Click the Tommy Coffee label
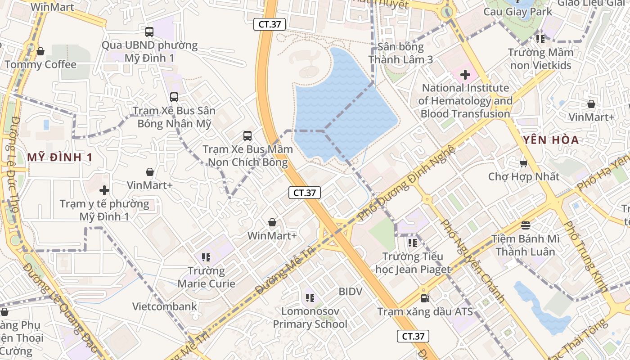40,65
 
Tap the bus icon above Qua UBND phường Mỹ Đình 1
149,32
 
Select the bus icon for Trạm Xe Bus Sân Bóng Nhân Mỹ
174,97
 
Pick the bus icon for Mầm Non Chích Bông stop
247,135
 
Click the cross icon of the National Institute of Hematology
465,74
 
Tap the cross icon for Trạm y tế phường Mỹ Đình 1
104,190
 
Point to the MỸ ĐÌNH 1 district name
60,157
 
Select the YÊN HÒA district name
551,140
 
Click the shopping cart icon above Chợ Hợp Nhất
523,163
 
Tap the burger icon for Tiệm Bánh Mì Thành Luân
526,225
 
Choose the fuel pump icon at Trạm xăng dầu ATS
424,298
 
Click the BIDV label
351,292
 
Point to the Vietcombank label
165,307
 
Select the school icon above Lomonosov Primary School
310,297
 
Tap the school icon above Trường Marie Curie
206,257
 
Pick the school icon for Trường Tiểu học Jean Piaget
412,243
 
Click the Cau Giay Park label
517,12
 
